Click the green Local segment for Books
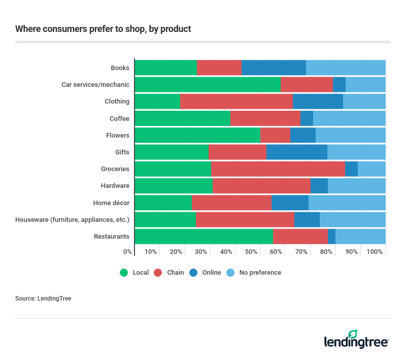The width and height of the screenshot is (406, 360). pos(165,68)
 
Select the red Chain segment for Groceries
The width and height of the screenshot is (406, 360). pos(278,169)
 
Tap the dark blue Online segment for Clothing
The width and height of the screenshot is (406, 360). pos(318,101)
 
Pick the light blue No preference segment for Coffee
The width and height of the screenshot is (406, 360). pos(349,118)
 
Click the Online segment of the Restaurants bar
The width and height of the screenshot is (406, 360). pos(331,236)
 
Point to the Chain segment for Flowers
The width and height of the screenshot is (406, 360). pos(275,135)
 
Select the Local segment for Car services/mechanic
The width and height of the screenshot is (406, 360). pos(208,84)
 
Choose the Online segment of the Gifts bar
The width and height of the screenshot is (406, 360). pos(297,152)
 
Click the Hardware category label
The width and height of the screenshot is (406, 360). pos(115,186)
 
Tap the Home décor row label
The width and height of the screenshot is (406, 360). pos(111,203)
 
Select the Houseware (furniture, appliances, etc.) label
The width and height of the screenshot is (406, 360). pos(72,219)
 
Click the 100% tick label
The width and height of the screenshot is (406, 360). pos(375,252)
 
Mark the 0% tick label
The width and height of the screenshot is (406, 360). pos(128,252)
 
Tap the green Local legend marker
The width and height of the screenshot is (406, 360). pos(124,273)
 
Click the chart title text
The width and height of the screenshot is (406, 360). pos(103,29)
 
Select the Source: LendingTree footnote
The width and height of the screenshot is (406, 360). pos(43,299)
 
